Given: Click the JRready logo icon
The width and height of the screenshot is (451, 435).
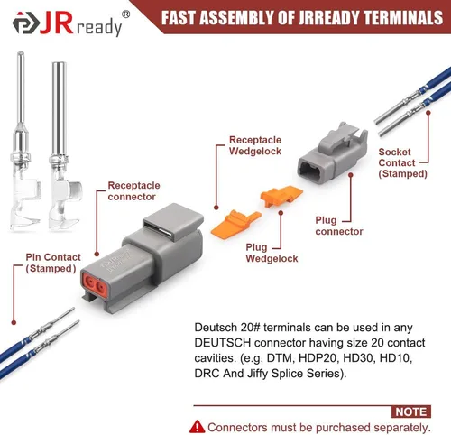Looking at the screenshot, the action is click(x=26, y=23).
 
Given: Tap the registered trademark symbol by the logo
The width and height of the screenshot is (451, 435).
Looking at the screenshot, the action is click(x=126, y=14).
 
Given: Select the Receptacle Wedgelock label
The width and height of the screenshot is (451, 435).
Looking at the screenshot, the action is click(x=255, y=145).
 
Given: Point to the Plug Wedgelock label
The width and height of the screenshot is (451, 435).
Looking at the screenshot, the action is click(x=272, y=253).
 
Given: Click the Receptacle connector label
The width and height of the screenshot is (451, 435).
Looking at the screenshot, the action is click(x=133, y=191).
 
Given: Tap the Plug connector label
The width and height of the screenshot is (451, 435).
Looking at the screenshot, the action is click(x=339, y=226).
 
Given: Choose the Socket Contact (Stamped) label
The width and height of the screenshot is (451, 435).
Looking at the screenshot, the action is click(x=402, y=162).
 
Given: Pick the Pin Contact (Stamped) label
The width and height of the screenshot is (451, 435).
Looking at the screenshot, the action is click(x=53, y=263).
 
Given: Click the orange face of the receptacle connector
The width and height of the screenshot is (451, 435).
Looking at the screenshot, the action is click(x=95, y=285).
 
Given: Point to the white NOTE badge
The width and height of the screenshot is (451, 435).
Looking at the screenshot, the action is click(x=411, y=412).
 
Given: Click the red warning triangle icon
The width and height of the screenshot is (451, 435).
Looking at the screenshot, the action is click(x=198, y=427).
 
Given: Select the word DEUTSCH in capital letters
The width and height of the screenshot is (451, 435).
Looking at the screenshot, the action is click(x=223, y=343).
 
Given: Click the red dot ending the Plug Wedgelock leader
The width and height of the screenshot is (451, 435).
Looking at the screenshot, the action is click(x=281, y=213).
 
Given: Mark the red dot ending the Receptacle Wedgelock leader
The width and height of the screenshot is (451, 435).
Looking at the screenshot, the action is click(x=216, y=208).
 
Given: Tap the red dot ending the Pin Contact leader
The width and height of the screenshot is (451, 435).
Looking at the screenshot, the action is click(x=14, y=323).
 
